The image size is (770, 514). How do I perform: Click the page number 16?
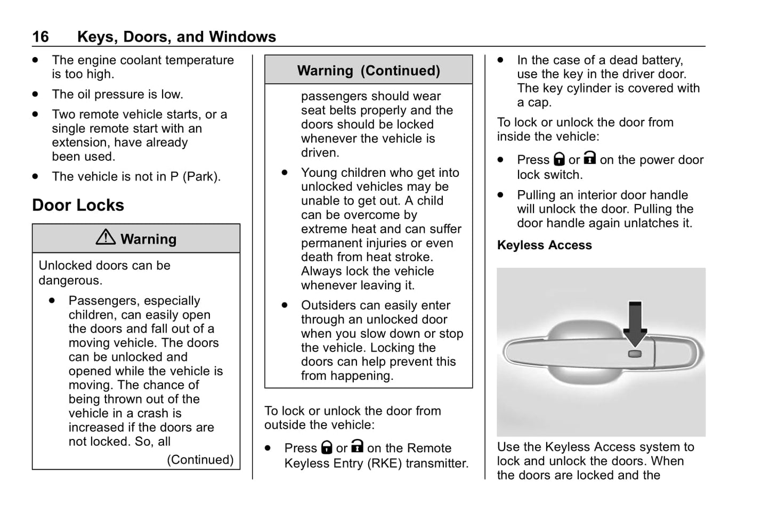coord(40,37)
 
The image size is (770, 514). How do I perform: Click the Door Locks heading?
coord(78,205)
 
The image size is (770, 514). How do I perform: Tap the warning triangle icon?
coord(106,237)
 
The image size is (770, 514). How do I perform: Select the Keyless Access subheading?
coord(544,245)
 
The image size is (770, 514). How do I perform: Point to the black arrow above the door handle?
coord(635,323)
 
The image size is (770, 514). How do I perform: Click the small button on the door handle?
coord(635,354)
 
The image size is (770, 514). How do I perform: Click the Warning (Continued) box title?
coord(368,71)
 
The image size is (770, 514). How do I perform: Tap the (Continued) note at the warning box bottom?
coord(200,460)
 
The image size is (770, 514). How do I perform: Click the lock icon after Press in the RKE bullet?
coord(327,447)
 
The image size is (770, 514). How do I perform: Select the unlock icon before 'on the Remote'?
coord(357,446)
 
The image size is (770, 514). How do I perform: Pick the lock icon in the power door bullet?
coord(559,159)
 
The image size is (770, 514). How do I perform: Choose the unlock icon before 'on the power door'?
coord(589,158)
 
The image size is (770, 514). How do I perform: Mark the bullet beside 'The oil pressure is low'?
coord(36,94)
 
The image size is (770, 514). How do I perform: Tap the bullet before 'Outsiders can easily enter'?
coord(285,305)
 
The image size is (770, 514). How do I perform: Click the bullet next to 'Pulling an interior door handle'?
coord(500,195)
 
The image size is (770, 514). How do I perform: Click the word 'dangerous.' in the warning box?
coord(70,280)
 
